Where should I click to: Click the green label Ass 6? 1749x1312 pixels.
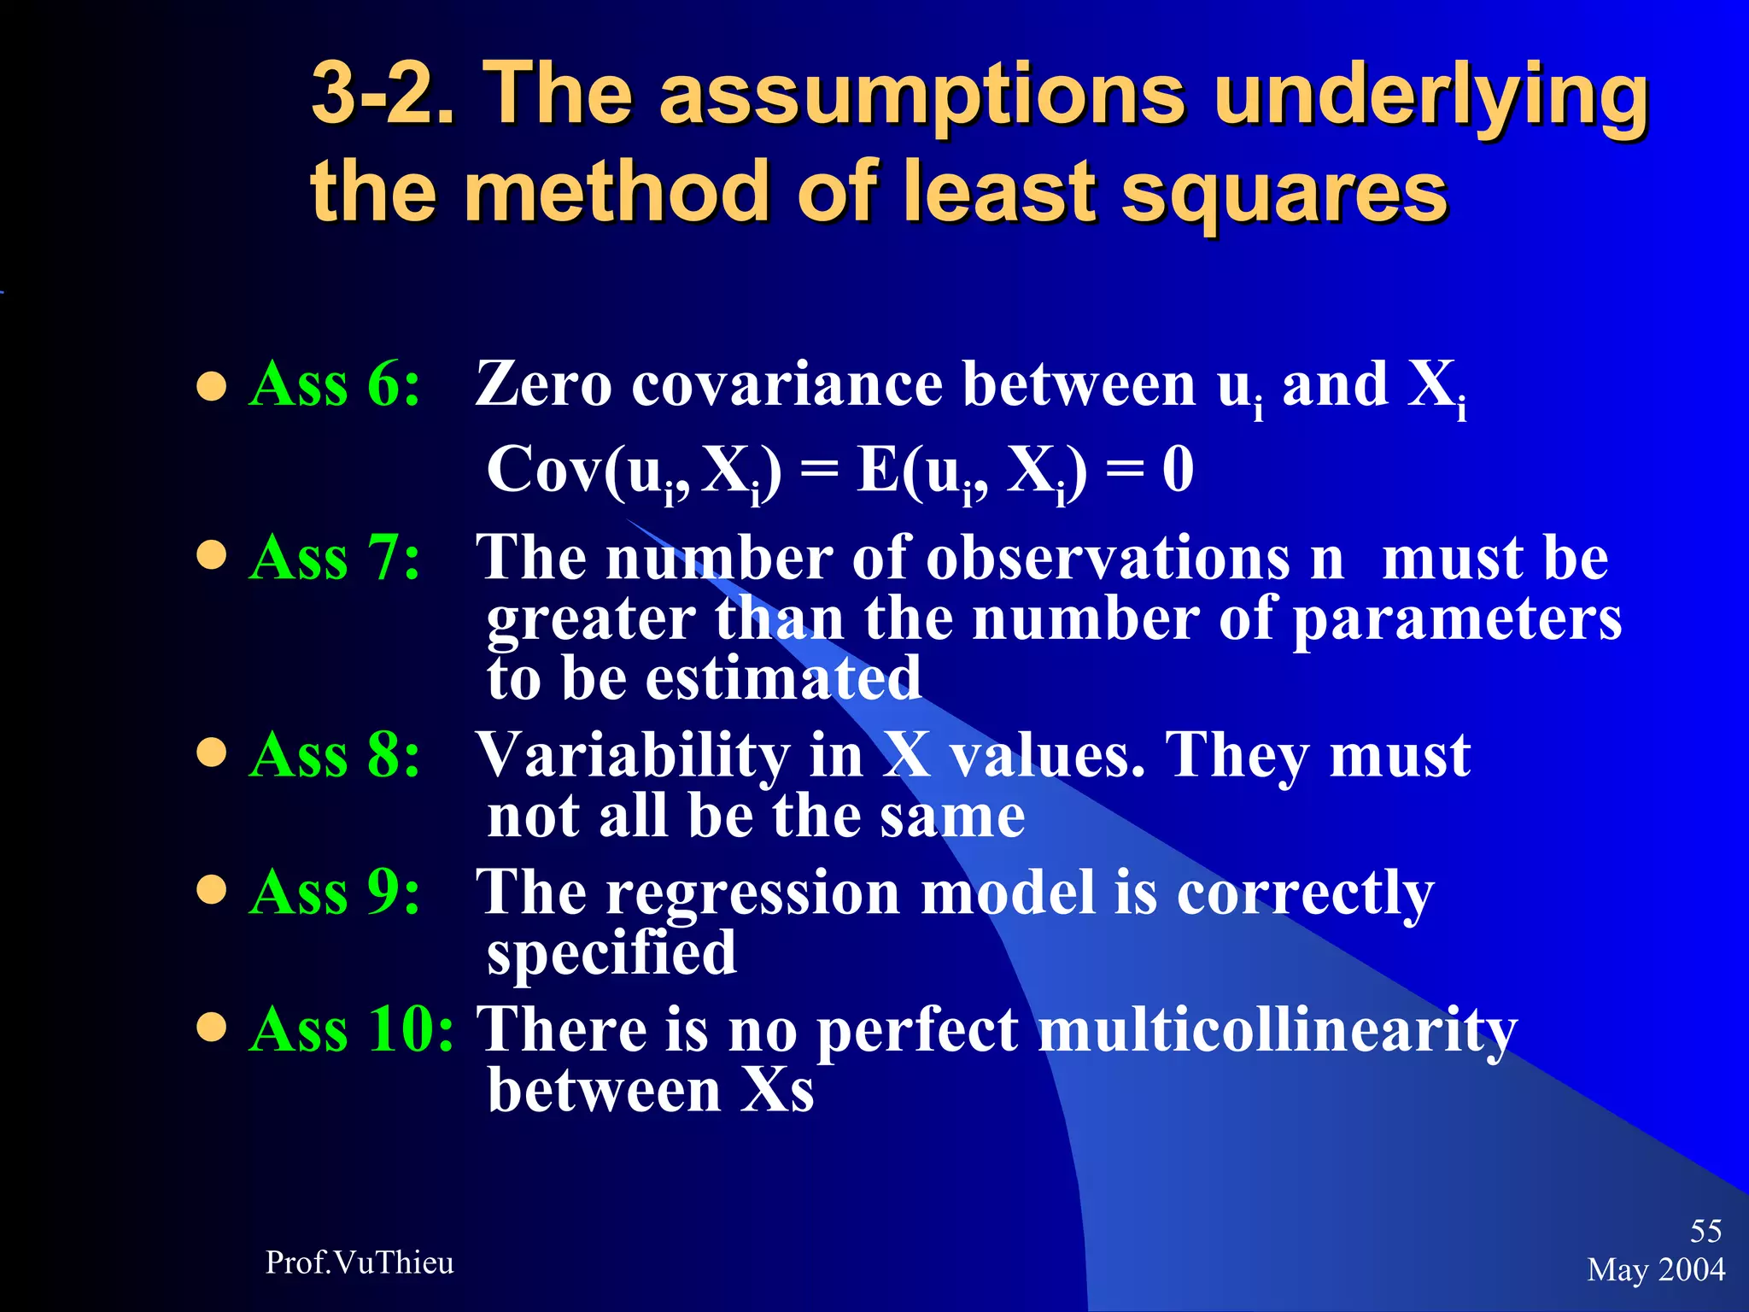[335, 384]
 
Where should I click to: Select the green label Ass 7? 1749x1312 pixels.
[335, 558]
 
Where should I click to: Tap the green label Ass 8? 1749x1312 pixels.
[335, 755]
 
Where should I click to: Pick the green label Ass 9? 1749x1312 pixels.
[335, 893]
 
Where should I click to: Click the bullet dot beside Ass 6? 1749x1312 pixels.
[211, 385]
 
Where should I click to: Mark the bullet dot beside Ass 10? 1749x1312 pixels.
[211, 1027]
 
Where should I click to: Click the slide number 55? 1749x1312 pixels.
[1705, 1231]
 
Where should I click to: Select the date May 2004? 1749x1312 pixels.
[1656, 1270]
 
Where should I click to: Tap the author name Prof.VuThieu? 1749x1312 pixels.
[360, 1262]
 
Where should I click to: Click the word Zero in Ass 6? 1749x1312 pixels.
[543, 384]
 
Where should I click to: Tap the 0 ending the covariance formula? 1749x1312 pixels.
[1178, 470]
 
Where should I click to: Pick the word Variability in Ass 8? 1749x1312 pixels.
[633, 757]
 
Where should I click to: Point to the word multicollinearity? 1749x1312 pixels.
[1278, 1031]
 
